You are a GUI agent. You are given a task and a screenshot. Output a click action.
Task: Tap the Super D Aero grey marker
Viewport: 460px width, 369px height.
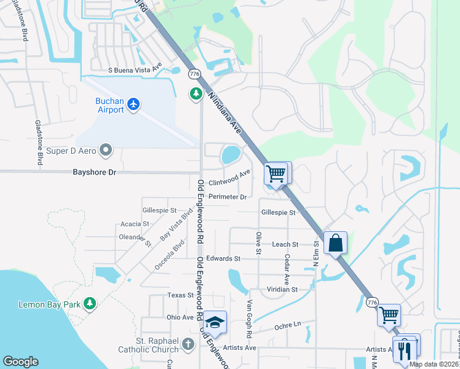pos(106,149)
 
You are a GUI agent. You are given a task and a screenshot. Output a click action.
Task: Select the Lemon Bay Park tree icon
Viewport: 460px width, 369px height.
pos(90,303)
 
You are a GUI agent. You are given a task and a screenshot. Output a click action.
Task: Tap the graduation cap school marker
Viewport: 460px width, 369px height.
pos(215,322)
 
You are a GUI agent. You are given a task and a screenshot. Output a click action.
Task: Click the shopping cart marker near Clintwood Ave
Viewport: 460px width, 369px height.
pos(276,173)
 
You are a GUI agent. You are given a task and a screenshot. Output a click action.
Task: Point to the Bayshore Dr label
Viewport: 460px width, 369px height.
pos(95,172)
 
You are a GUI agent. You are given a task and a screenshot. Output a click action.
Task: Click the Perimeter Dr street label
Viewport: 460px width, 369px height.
pos(228,197)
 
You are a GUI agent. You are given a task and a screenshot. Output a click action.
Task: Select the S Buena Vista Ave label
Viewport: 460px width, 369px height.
pos(135,70)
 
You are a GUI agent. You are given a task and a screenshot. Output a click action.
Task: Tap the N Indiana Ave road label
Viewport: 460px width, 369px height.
pos(224,113)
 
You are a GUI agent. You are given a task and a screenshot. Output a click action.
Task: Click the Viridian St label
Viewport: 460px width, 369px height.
pos(282,289)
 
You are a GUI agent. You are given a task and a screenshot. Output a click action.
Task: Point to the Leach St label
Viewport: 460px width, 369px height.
pos(285,244)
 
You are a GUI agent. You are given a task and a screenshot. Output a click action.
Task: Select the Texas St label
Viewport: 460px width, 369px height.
pos(181,295)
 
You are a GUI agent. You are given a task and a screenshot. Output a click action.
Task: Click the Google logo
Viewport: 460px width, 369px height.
pos(20,362)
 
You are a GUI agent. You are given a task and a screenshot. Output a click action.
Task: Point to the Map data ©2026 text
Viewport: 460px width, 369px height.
pos(433,364)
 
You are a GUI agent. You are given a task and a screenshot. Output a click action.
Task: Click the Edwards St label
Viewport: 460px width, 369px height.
pos(223,259)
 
